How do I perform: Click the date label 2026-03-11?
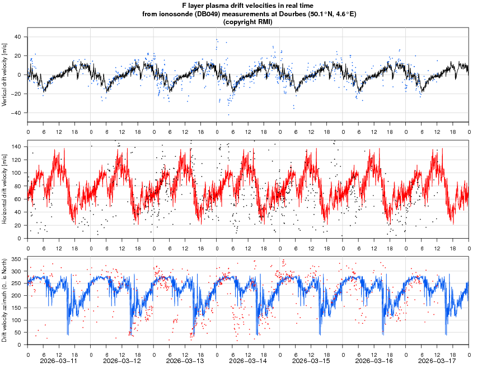(59, 361)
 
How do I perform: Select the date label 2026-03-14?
(248, 361)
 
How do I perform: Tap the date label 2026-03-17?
(437, 361)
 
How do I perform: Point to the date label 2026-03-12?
(122, 361)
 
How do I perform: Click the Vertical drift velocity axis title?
(4, 75)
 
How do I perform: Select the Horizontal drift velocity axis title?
(4, 189)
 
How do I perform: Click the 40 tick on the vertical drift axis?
(18, 37)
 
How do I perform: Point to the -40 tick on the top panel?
(17, 113)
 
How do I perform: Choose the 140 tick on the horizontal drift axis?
(16, 146)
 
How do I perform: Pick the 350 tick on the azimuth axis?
(16, 259)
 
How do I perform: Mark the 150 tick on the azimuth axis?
(16, 308)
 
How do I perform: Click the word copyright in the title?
(240, 22)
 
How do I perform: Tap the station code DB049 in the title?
(206, 14)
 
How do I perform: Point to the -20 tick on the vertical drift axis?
(17, 94)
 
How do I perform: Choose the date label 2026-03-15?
(311, 361)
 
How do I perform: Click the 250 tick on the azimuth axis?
(16, 283)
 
